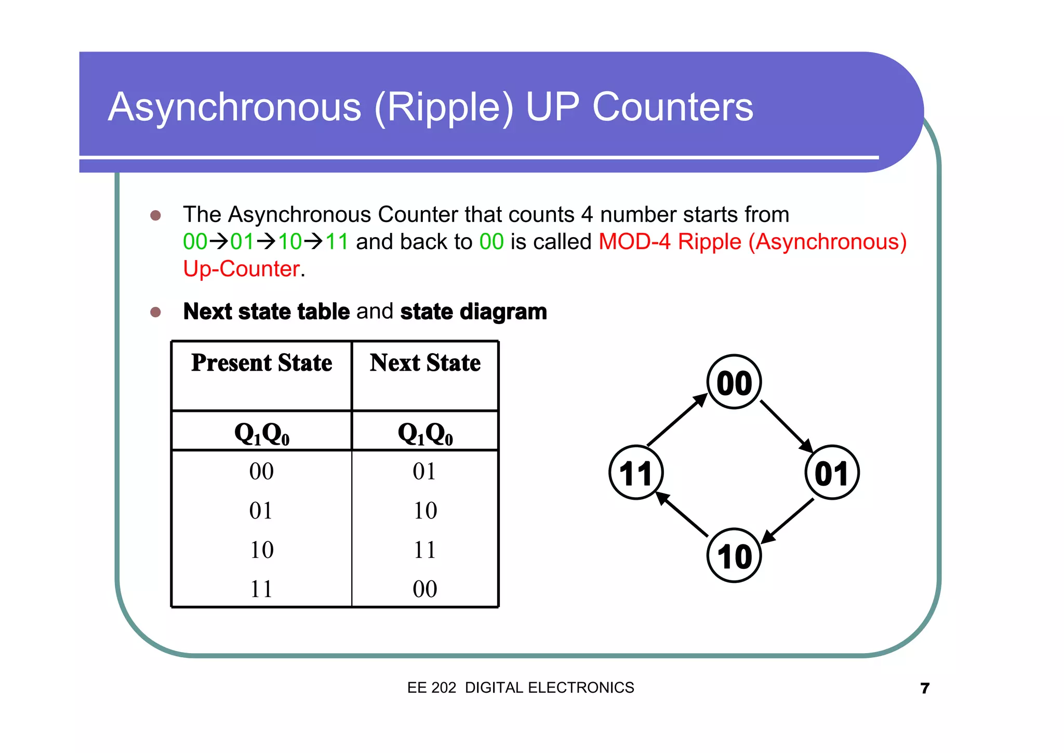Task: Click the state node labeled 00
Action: [x=734, y=382]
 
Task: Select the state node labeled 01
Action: [x=832, y=473]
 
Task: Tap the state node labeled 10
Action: [x=734, y=555]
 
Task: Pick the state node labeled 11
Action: [x=636, y=473]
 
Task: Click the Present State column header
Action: [x=262, y=363]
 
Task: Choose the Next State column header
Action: [x=425, y=363]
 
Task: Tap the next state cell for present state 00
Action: [x=424, y=471]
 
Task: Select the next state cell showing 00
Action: [x=424, y=589]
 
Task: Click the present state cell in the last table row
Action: [x=261, y=589]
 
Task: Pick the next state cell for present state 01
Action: [x=424, y=511]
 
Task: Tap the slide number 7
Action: [x=925, y=688]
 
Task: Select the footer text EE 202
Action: [x=431, y=687]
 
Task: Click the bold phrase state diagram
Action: [x=473, y=311]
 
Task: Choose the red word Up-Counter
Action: [x=242, y=269]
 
